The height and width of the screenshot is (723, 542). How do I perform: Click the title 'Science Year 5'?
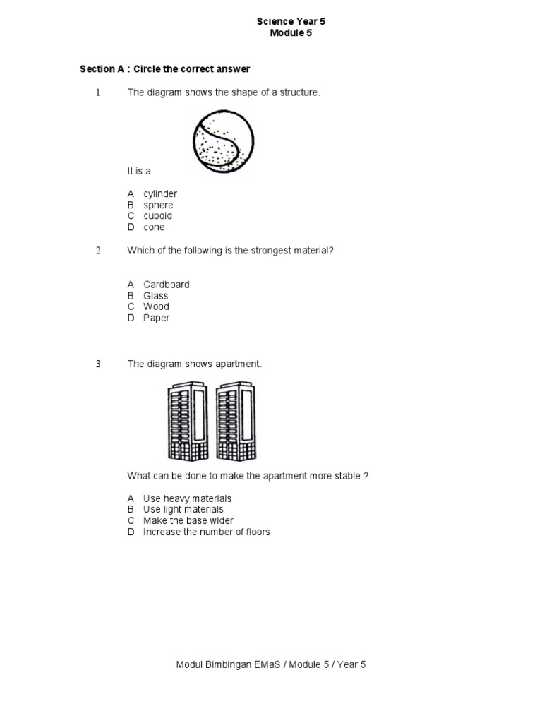(x=290, y=22)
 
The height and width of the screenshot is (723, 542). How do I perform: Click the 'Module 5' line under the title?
(x=290, y=33)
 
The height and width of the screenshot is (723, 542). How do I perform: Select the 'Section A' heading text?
(x=164, y=69)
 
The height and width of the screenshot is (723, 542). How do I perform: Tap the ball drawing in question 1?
(x=223, y=143)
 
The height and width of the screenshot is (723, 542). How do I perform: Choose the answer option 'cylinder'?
(x=160, y=194)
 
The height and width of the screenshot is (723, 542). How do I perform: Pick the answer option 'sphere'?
(x=158, y=205)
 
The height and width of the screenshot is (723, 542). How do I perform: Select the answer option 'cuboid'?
(x=157, y=216)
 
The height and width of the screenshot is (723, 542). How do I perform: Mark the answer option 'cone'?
(x=154, y=227)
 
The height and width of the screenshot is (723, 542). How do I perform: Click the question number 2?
(x=99, y=251)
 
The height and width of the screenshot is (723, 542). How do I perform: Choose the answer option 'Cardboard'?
(x=167, y=285)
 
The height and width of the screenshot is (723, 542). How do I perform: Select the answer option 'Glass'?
(x=156, y=296)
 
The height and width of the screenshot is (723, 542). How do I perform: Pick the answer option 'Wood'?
(x=156, y=307)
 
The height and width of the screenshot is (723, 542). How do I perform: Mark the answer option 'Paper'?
(x=157, y=318)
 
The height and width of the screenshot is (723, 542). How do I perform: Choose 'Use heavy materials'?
(x=187, y=498)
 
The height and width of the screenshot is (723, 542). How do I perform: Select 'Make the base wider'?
(x=188, y=521)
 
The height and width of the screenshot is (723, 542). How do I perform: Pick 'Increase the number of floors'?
(x=206, y=532)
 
